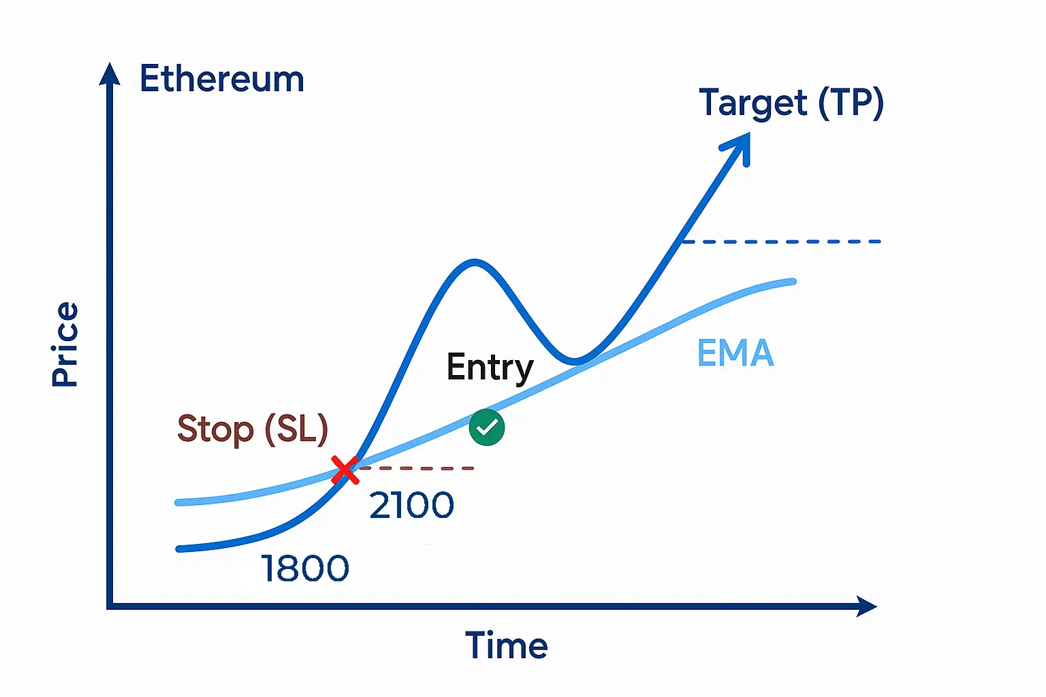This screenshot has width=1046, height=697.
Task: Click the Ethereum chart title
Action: point(221,79)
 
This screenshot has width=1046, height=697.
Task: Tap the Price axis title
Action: point(65,344)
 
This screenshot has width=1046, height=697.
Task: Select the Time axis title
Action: point(506,645)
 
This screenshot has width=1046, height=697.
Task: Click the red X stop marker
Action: point(345,470)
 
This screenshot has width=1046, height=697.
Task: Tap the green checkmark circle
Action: point(487,427)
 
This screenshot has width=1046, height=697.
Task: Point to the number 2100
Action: point(411,506)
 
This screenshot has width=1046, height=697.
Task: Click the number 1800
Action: point(305,568)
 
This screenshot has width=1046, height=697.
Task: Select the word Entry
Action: point(490,368)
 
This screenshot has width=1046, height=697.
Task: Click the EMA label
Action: point(735,353)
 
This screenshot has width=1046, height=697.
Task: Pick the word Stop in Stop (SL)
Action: point(215,429)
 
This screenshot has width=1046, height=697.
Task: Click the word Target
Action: point(753,103)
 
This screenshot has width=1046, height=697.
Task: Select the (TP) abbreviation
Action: point(851,103)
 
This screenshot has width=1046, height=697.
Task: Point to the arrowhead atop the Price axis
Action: point(109,74)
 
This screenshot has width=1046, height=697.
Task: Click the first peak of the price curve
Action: point(474,262)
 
